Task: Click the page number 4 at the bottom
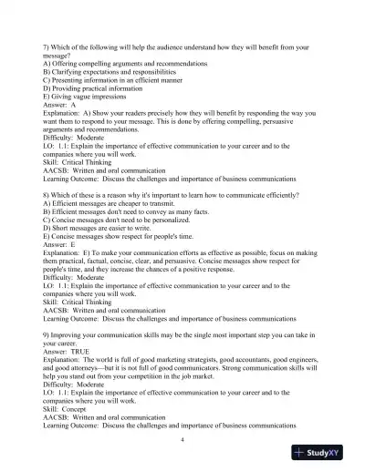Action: coord(182,439)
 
